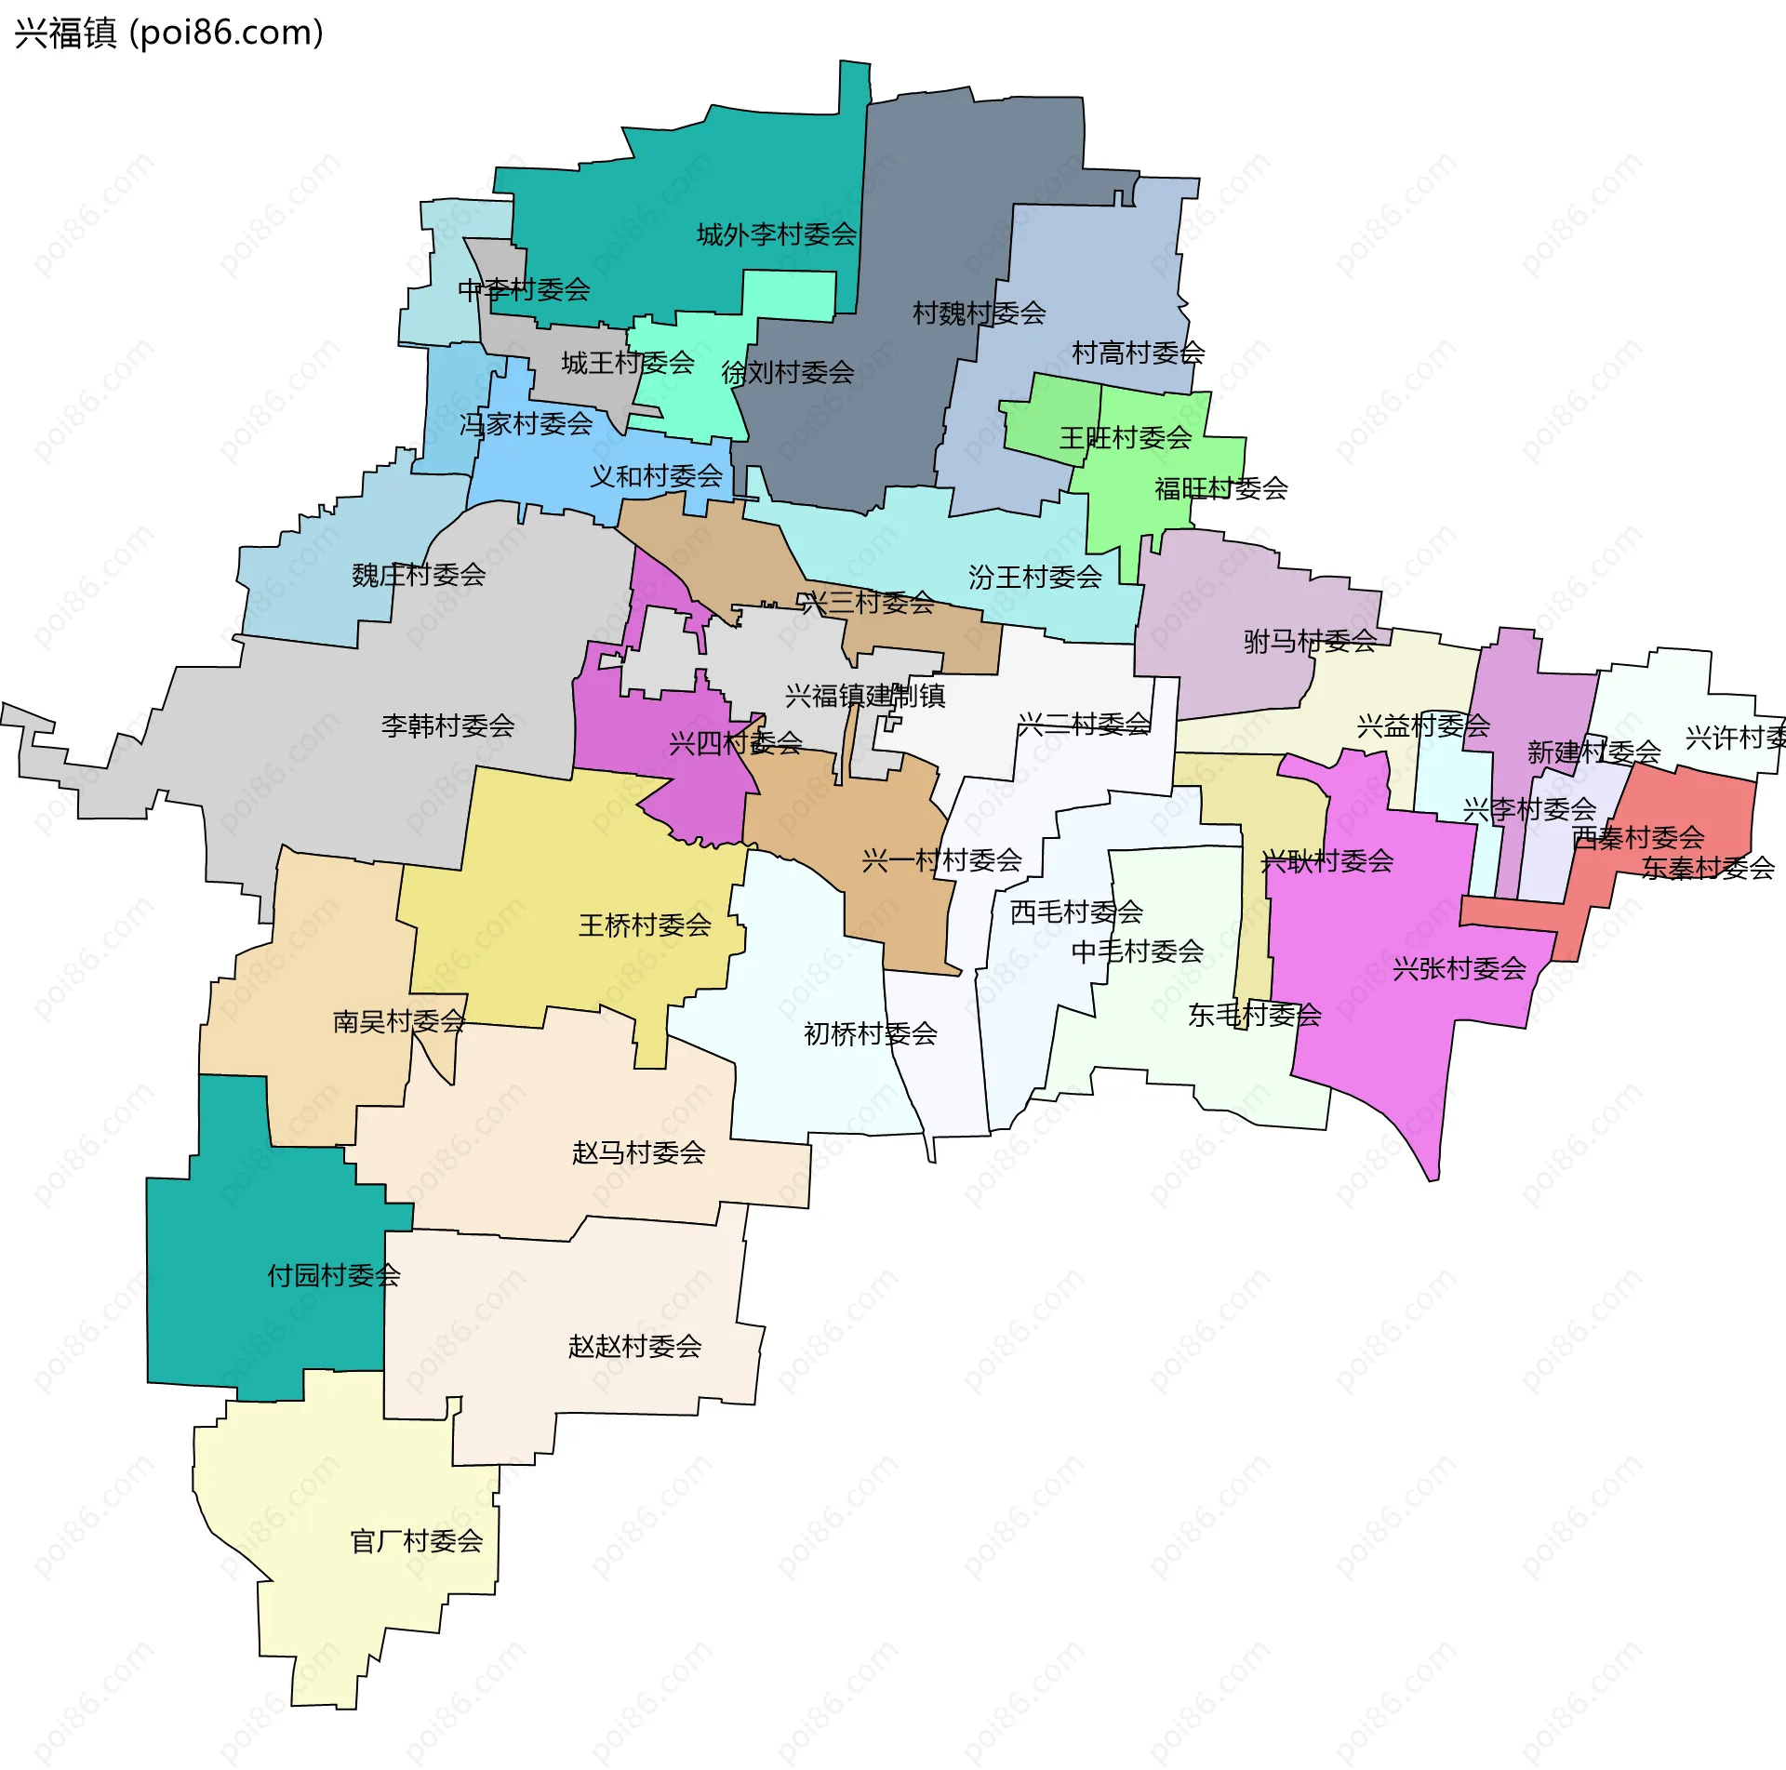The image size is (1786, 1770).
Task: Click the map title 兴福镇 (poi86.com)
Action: point(169,33)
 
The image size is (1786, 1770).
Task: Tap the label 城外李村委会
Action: point(777,234)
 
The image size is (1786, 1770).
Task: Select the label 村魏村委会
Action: point(979,313)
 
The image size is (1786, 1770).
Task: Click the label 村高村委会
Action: point(1138,353)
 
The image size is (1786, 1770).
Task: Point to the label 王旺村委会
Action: point(1125,438)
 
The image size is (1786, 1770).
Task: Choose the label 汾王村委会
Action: point(1034,578)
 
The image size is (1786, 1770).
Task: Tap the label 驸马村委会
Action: point(1310,641)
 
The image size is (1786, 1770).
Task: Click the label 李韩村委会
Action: point(447,725)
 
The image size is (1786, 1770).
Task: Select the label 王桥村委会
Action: point(645,925)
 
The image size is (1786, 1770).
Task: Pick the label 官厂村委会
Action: point(416,1542)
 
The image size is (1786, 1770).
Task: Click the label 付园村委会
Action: point(334,1275)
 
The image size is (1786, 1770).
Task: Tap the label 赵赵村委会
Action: point(634,1347)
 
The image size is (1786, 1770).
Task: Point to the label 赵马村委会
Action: point(638,1153)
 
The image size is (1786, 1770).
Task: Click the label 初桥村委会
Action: point(870,1034)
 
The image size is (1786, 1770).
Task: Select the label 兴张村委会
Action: point(1459,969)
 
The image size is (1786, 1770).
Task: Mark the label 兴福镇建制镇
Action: point(864,696)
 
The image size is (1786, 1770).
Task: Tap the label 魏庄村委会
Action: point(419,576)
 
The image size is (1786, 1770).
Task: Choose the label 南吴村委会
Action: point(399,1022)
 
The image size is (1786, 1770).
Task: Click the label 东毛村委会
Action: point(1254,1016)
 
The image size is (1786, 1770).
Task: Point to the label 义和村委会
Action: point(656,477)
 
